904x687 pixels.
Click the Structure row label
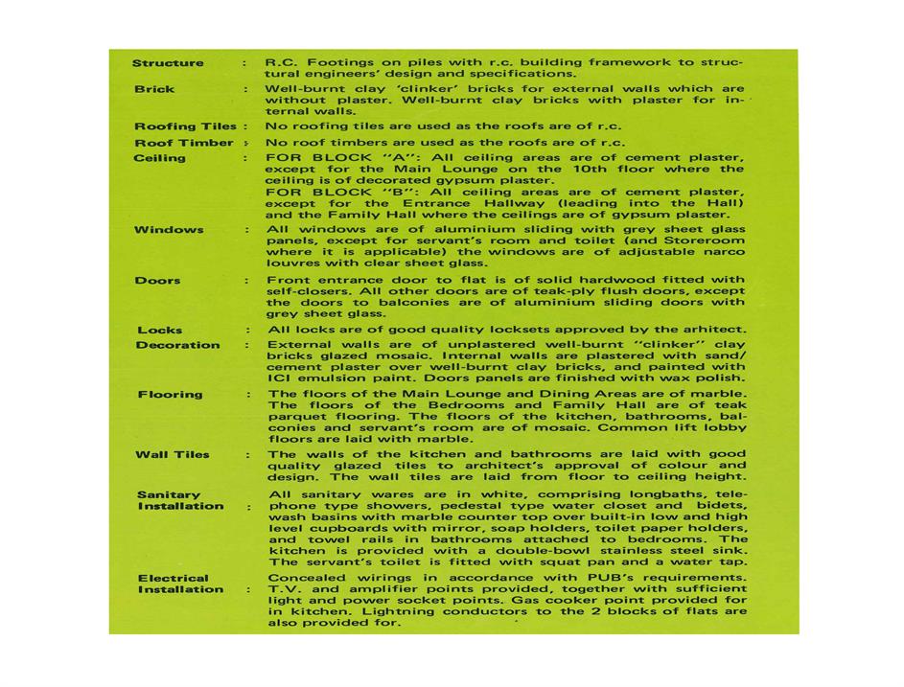click(168, 63)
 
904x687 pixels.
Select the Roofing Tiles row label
click(185, 126)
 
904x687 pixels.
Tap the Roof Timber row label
click(183, 143)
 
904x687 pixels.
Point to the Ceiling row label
click(160, 157)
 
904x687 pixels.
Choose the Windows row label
click(169, 230)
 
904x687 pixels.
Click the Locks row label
click(159, 330)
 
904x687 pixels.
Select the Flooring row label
click(170, 394)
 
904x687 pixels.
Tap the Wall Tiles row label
click(172, 455)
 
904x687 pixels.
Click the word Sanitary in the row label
click(169, 494)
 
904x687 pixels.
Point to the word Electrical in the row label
click(173, 578)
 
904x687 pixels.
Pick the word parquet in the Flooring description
click(296, 417)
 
